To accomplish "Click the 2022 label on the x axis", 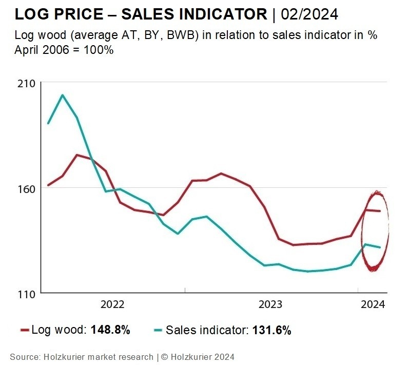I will click(x=112, y=304).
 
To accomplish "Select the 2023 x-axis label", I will click(x=270, y=304).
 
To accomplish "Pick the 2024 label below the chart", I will click(x=373, y=304).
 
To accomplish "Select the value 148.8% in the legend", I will click(x=110, y=330).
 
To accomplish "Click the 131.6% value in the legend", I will click(x=272, y=330).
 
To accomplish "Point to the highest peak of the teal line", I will click(x=63, y=95).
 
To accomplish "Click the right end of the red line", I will click(x=380, y=211).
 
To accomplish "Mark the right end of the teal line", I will click(x=380, y=247).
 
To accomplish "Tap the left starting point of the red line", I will click(x=48, y=185).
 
